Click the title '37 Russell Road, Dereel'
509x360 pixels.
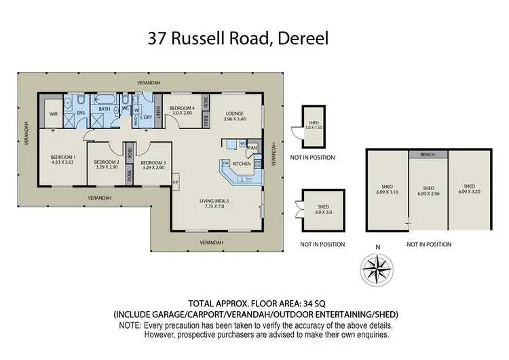coord(239,38)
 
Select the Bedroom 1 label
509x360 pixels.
coord(62,160)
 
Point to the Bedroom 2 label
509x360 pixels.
coord(108,164)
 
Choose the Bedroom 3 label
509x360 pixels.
coord(153,164)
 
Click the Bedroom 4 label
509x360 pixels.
coord(182,110)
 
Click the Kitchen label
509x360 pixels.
coord(242,164)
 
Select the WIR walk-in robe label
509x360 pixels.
coord(54,114)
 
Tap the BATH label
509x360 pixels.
coord(105,109)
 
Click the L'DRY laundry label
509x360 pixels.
coord(145,117)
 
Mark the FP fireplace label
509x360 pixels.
coord(175,182)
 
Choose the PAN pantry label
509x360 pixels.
coord(252,147)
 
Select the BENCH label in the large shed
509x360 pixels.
coord(428,154)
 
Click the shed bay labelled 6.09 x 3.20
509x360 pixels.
coord(469,189)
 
